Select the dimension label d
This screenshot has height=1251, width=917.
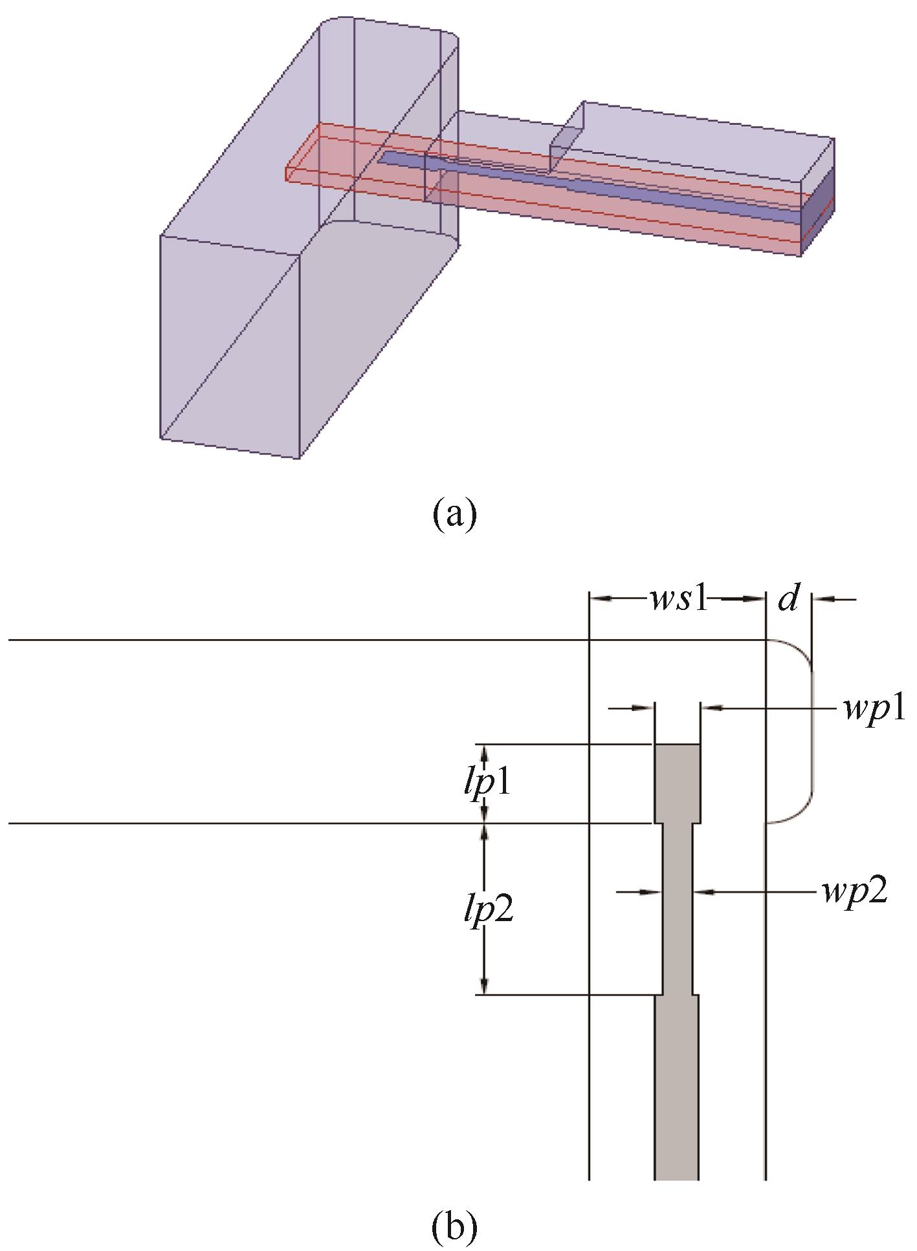point(788,600)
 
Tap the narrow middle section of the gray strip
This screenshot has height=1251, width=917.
point(678,906)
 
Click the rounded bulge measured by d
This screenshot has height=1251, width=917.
point(799,731)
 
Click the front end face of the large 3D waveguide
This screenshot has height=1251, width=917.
point(230,346)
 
